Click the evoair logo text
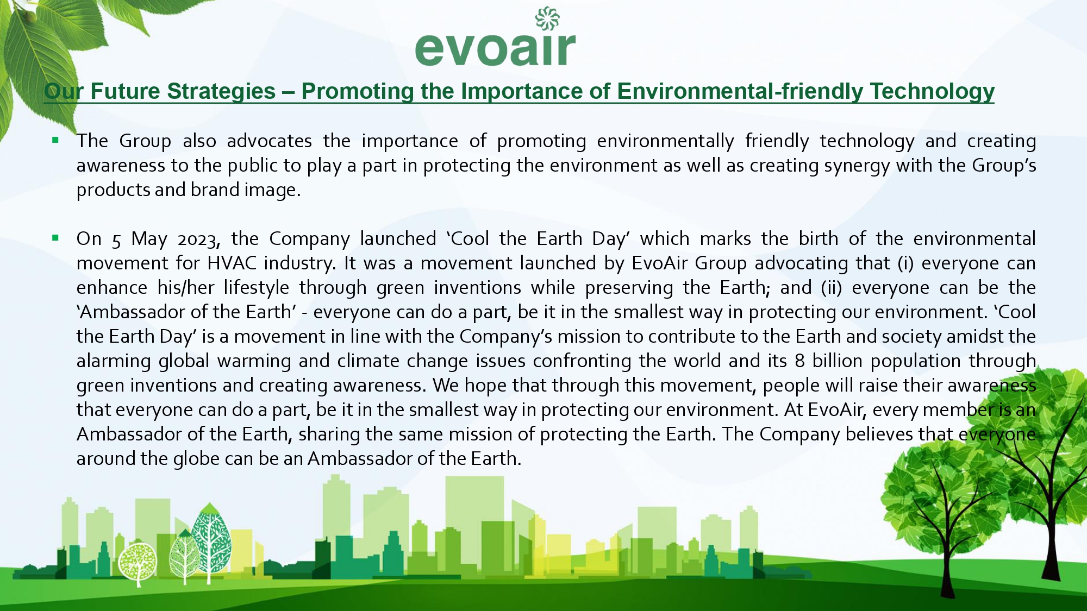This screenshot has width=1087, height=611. pos(495,49)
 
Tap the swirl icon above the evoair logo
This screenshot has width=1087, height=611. pos(547,18)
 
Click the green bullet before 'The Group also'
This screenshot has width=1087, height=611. pos(55,140)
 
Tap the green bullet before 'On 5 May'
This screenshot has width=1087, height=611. pos(55,237)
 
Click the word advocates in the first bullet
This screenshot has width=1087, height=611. pos(269,141)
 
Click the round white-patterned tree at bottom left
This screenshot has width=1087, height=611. pos(138,563)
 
